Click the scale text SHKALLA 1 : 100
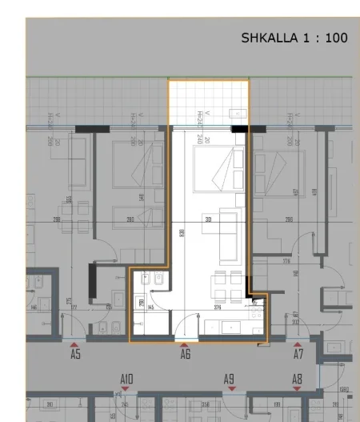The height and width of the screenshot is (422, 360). (x=294, y=38)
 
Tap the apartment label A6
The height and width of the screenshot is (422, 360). (x=186, y=353)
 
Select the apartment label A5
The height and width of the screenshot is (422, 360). (x=75, y=353)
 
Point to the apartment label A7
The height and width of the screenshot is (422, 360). (x=298, y=353)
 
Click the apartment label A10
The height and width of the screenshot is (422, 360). (x=126, y=379)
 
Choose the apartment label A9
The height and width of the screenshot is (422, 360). (x=229, y=379)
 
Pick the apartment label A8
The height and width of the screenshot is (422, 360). (x=297, y=379)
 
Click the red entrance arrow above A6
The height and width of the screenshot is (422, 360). (x=186, y=344)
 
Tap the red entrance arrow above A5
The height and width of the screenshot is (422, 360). (x=75, y=344)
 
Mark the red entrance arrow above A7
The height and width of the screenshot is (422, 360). (x=298, y=344)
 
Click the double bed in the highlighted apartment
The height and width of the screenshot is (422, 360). (x=221, y=171)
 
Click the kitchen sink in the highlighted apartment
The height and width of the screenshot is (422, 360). (x=233, y=328)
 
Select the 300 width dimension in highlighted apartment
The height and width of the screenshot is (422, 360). (x=210, y=218)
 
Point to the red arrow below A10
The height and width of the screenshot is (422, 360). (x=126, y=389)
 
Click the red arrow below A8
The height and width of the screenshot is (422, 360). (x=297, y=389)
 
